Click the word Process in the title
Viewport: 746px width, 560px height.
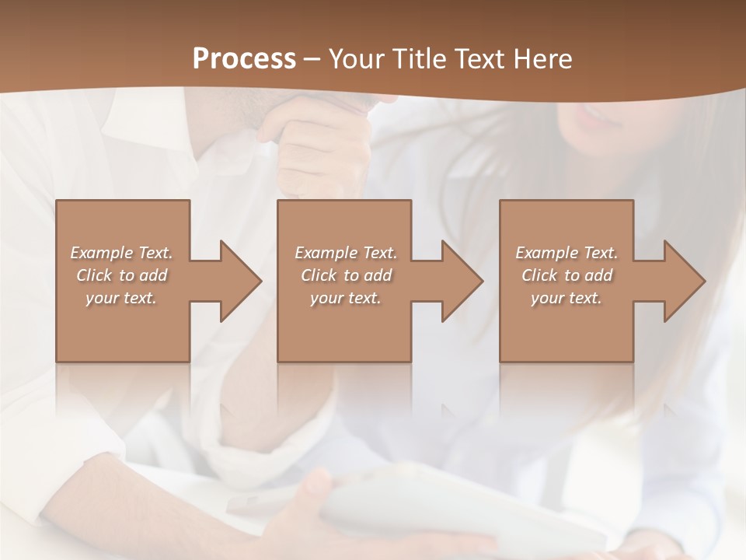pos(244,59)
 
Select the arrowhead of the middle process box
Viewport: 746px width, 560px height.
pos(460,281)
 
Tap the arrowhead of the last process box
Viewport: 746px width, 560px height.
pos(682,281)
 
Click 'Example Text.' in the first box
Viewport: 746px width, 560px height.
pos(122,253)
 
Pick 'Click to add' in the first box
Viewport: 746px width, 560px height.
pos(122,275)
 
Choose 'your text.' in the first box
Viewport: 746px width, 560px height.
pos(122,298)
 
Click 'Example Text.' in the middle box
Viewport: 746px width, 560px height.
pos(346,253)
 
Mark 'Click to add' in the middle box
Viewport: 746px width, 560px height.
pos(346,275)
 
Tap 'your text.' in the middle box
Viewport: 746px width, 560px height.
pos(346,298)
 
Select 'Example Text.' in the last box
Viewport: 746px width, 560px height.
pos(566,253)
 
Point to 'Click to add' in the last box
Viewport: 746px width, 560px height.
pos(566,275)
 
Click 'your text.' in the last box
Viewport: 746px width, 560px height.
pos(566,298)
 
